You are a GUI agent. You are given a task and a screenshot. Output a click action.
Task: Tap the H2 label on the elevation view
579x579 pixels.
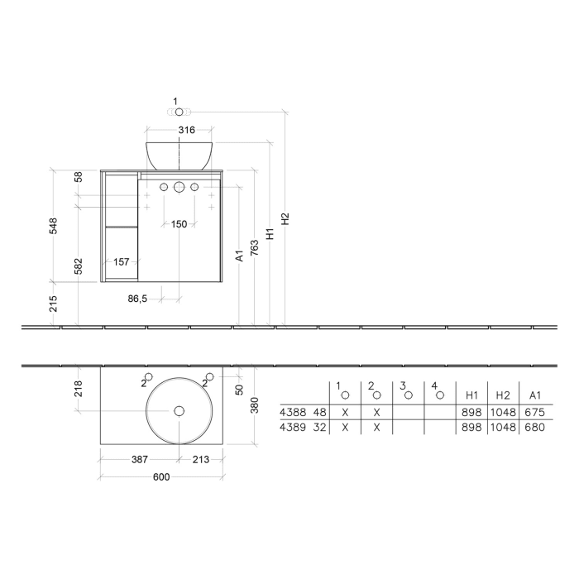[285, 219]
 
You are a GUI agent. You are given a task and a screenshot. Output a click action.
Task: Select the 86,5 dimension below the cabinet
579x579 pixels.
[137, 298]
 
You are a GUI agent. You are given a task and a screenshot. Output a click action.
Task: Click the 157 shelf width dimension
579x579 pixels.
[121, 261]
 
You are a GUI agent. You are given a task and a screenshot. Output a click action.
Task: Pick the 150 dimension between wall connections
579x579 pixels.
[179, 224]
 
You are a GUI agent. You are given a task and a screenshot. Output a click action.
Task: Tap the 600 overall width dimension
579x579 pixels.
[162, 477]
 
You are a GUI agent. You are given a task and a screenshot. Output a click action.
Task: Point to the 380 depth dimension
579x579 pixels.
[255, 404]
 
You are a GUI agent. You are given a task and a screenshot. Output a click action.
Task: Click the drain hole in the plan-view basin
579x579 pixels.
[179, 411]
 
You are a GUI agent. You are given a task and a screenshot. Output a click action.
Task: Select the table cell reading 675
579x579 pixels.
[535, 412]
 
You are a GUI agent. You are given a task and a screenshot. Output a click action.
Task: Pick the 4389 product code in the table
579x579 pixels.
[292, 428]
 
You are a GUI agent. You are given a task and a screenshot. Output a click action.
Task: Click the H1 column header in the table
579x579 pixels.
[472, 395]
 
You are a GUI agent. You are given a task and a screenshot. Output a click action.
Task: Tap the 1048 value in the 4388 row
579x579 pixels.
[503, 412]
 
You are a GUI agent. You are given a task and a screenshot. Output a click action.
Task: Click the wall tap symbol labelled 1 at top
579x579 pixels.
[179, 111]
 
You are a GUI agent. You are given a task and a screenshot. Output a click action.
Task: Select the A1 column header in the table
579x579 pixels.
[535, 395]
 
